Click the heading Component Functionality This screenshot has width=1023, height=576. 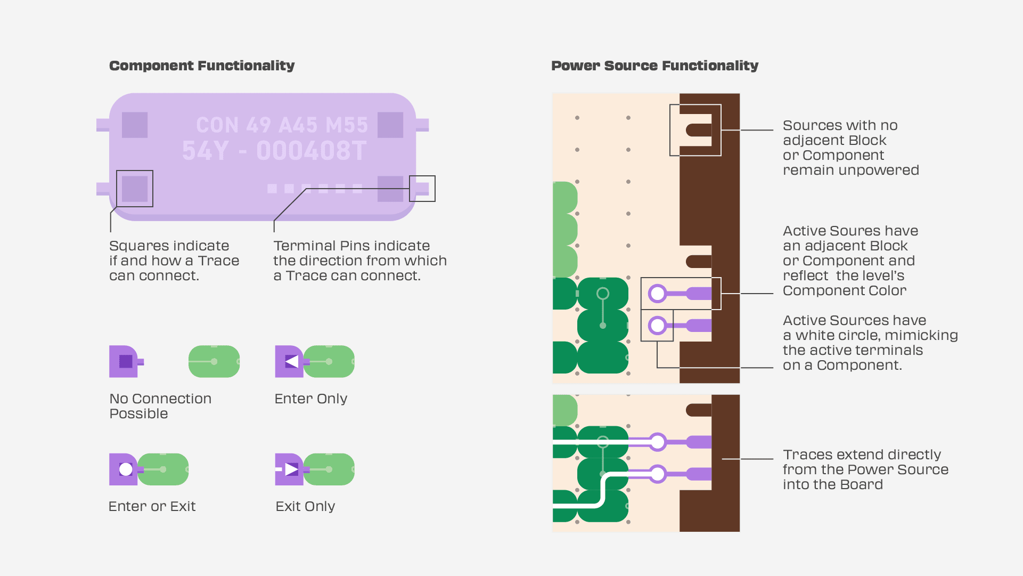pyautogui.click(x=202, y=66)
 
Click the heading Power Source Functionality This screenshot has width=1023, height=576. pyautogui.click(x=654, y=66)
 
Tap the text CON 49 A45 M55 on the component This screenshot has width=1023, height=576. pyautogui.click(x=282, y=125)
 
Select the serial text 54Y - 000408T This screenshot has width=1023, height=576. pyautogui.click(x=274, y=151)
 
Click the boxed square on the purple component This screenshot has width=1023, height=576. pyautogui.click(x=135, y=189)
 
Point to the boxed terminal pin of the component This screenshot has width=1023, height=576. pyautogui.click(x=422, y=189)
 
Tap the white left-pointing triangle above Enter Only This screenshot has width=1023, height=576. pyautogui.click(x=291, y=361)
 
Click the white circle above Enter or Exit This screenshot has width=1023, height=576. pyautogui.click(x=126, y=469)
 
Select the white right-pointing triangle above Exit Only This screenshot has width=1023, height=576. pyautogui.click(x=291, y=469)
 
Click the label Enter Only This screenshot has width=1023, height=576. pyautogui.click(x=310, y=399)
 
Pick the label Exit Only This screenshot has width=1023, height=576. pyautogui.click(x=305, y=506)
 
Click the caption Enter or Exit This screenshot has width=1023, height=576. pyautogui.click(x=152, y=506)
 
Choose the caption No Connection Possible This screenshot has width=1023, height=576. pyautogui.click(x=160, y=406)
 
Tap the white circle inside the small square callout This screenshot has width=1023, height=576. pyautogui.click(x=658, y=325)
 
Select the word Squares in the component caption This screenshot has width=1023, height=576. pyautogui.click(x=135, y=246)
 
